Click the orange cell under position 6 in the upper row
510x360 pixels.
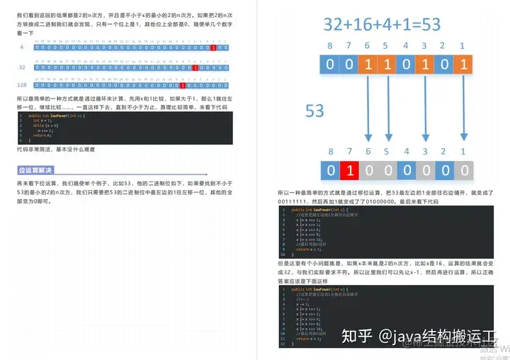pos(368,65)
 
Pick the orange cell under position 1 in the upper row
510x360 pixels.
pos(463,65)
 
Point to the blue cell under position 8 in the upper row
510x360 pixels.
pos(329,65)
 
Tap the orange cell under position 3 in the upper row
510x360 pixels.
pos(424,65)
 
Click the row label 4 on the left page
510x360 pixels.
pos(22,47)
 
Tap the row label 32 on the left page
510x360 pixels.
pos(21,67)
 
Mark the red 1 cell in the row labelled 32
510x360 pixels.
pos(194,67)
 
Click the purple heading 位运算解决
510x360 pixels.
pos(35,170)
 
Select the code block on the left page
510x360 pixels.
pos(124,128)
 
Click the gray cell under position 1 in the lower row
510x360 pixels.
pos(463,170)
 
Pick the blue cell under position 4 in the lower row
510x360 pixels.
pos(406,170)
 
